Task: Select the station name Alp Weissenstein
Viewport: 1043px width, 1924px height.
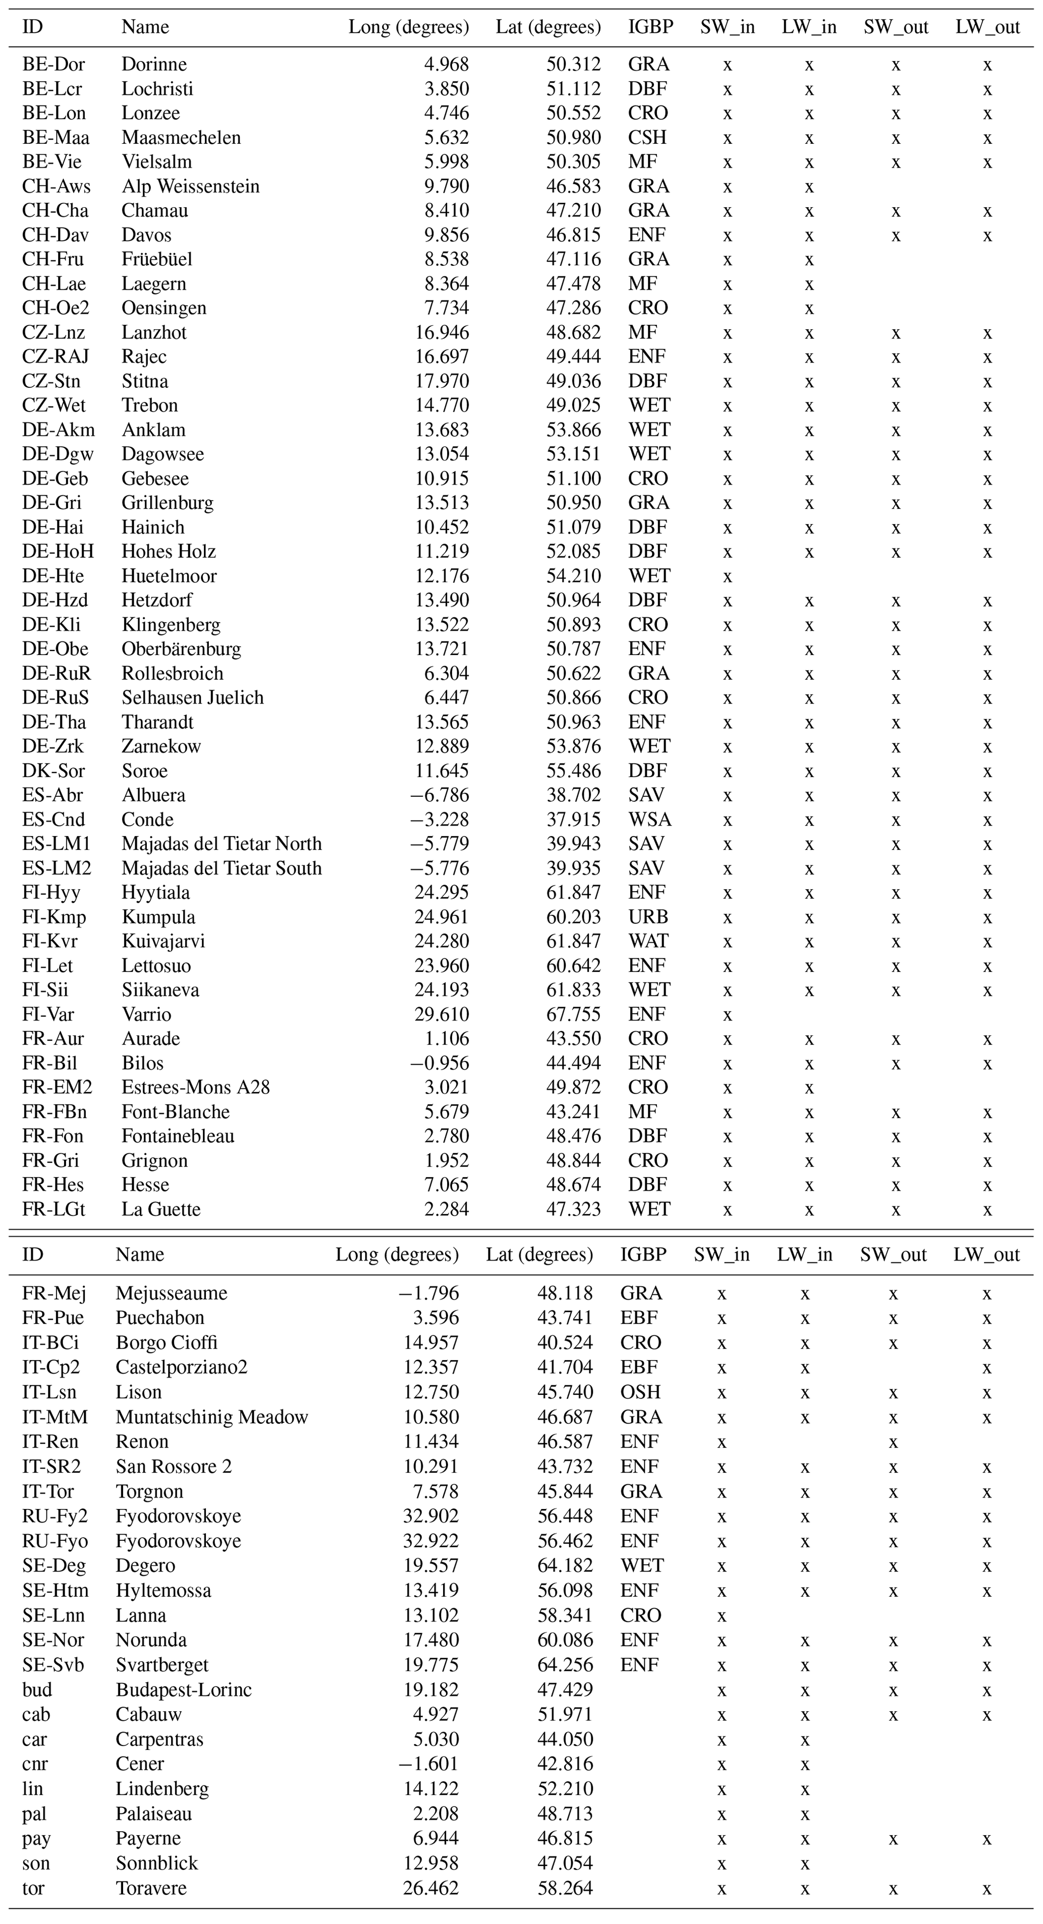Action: [x=191, y=187]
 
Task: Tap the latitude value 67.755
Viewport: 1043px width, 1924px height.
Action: [x=573, y=1015]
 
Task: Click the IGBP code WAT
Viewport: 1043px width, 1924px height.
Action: [x=648, y=942]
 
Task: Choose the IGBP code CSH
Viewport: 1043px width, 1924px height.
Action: [x=647, y=138]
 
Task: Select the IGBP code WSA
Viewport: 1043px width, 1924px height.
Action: [x=649, y=820]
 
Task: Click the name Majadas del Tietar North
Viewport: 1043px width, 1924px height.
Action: [x=221, y=844]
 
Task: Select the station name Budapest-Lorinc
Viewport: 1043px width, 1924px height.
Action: [x=183, y=1690]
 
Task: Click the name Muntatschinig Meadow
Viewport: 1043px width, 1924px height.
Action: [x=211, y=1418]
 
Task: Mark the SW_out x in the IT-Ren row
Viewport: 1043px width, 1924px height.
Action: [x=893, y=1442]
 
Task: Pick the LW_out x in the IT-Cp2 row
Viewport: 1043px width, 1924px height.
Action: [x=986, y=1368]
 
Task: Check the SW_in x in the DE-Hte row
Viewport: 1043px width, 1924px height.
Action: [x=727, y=576]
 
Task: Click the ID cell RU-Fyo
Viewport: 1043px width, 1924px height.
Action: [x=54, y=1542]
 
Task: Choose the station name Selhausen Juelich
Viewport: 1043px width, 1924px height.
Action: [x=192, y=698]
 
